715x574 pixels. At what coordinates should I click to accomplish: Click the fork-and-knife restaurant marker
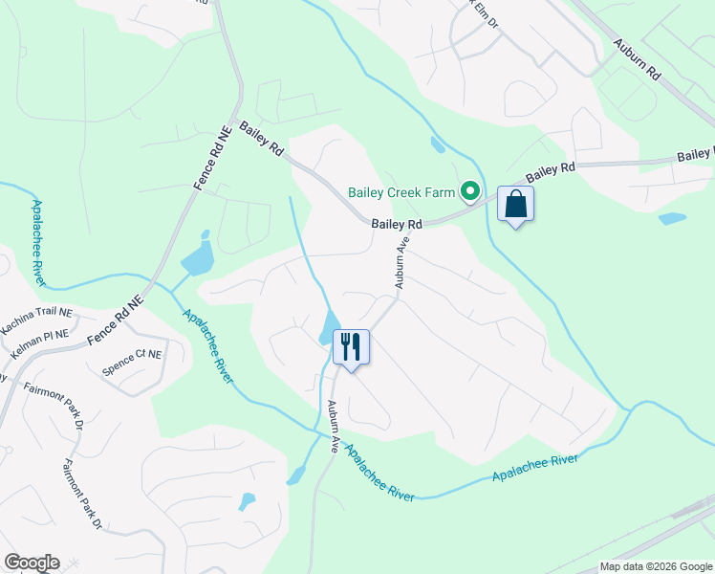tap(351, 346)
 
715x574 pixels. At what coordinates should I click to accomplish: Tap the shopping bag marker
tap(515, 204)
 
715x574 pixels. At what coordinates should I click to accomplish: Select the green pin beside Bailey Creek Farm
tap(469, 193)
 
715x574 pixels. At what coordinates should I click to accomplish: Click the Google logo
tap(32, 563)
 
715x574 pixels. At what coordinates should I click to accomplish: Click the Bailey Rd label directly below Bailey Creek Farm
tap(397, 224)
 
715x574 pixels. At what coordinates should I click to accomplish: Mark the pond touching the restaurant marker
tap(328, 327)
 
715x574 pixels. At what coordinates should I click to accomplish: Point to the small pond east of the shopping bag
tap(672, 218)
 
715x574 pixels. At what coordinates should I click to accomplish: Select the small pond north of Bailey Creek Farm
tap(437, 145)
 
